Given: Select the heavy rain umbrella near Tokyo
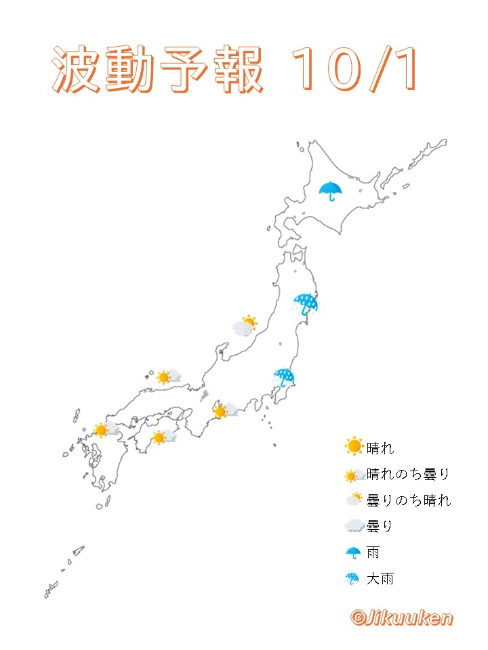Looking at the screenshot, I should (x=284, y=377).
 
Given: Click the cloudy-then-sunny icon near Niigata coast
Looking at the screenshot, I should (x=245, y=326).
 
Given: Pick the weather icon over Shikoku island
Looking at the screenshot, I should (x=163, y=437).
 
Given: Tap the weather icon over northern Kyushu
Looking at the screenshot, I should (x=106, y=430).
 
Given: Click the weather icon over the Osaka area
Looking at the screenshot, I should (x=224, y=411).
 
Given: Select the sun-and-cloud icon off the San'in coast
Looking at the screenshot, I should (x=168, y=377).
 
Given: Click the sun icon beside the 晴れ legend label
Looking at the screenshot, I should (x=354, y=447).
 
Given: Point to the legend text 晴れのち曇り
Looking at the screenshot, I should (x=407, y=474).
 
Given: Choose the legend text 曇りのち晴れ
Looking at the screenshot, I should (x=408, y=500).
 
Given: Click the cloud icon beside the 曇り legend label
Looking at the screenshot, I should (x=354, y=526).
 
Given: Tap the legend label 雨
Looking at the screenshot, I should (x=373, y=552).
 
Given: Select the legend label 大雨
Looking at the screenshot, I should (x=380, y=579).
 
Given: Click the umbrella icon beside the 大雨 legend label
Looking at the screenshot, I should (x=353, y=579).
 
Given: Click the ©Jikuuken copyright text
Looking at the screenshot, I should (x=401, y=617).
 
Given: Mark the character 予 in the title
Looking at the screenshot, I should (x=184, y=70).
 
